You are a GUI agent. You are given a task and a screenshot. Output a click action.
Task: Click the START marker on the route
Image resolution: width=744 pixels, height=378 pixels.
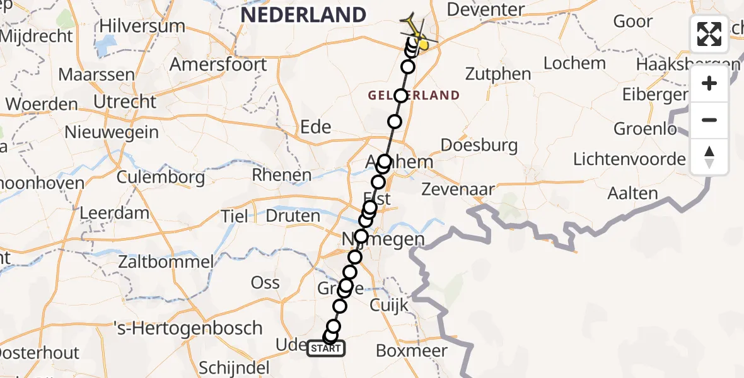[x=325, y=348]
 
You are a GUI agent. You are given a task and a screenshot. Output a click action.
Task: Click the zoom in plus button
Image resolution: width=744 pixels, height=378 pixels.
[x=709, y=84]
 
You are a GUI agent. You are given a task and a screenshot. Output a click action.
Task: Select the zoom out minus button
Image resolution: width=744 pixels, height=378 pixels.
[x=709, y=120]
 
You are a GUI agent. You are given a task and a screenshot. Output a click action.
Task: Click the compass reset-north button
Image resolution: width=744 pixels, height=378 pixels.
[x=709, y=156]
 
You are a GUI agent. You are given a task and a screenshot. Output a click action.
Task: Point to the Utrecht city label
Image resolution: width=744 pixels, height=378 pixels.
[x=125, y=101]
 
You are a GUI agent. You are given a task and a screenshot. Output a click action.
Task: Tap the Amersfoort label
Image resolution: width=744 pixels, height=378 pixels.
[x=218, y=65]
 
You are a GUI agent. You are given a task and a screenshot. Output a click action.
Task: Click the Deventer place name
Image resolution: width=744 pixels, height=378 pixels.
[x=485, y=10]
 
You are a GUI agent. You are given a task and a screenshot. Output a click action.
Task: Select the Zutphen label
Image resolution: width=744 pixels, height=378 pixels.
[x=498, y=74]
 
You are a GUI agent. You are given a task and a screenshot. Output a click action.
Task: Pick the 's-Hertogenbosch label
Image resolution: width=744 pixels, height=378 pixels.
[x=187, y=328]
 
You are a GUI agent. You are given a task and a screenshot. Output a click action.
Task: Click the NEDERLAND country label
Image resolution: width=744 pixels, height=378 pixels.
[x=303, y=15]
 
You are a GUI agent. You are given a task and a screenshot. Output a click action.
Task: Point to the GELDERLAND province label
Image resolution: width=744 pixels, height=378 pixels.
[x=414, y=96]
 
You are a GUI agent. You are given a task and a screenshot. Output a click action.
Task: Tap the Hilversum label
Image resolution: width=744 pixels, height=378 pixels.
[x=142, y=26]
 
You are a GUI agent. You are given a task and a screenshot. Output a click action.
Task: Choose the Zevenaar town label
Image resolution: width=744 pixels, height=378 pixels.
[x=458, y=189]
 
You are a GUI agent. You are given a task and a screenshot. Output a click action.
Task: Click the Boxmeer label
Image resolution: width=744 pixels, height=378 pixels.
[x=411, y=352]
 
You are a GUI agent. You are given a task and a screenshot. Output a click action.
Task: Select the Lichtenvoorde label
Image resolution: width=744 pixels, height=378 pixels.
[x=629, y=159]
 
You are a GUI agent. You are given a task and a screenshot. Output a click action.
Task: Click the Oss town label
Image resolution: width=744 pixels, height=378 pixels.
[x=265, y=283]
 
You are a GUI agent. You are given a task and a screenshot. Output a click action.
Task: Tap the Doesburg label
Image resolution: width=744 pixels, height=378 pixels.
[x=479, y=146]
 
